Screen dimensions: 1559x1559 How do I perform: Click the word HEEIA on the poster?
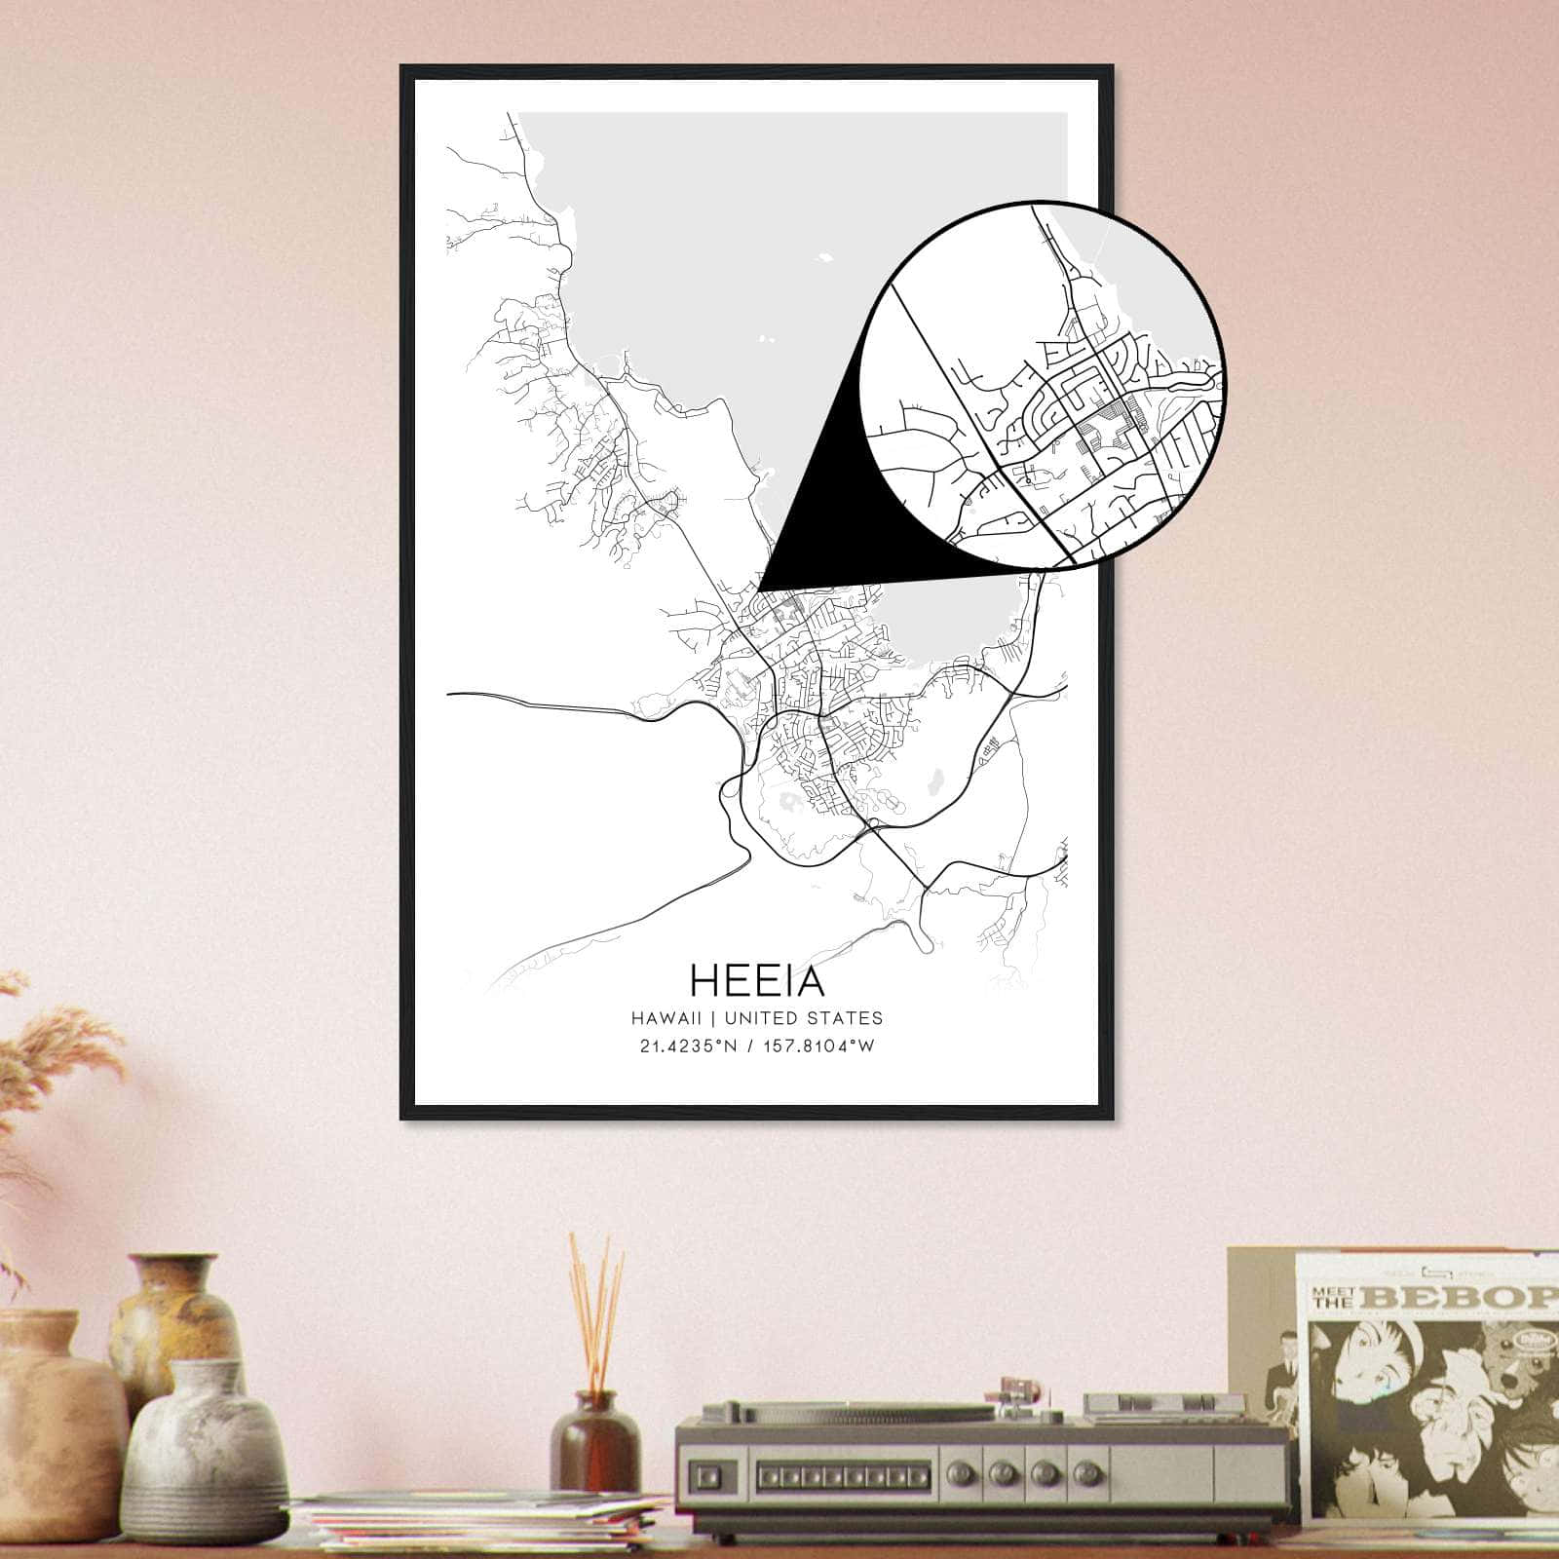pyautogui.click(x=757, y=980)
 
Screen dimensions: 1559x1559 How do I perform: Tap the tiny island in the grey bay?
pyautogui.click(x=826, y=260)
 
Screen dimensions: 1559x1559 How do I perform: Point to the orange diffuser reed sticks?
pyautogui.click(x=595, y=1306)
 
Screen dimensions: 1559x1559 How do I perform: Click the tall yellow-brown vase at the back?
pyautogui.click(x=175, y=1315)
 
